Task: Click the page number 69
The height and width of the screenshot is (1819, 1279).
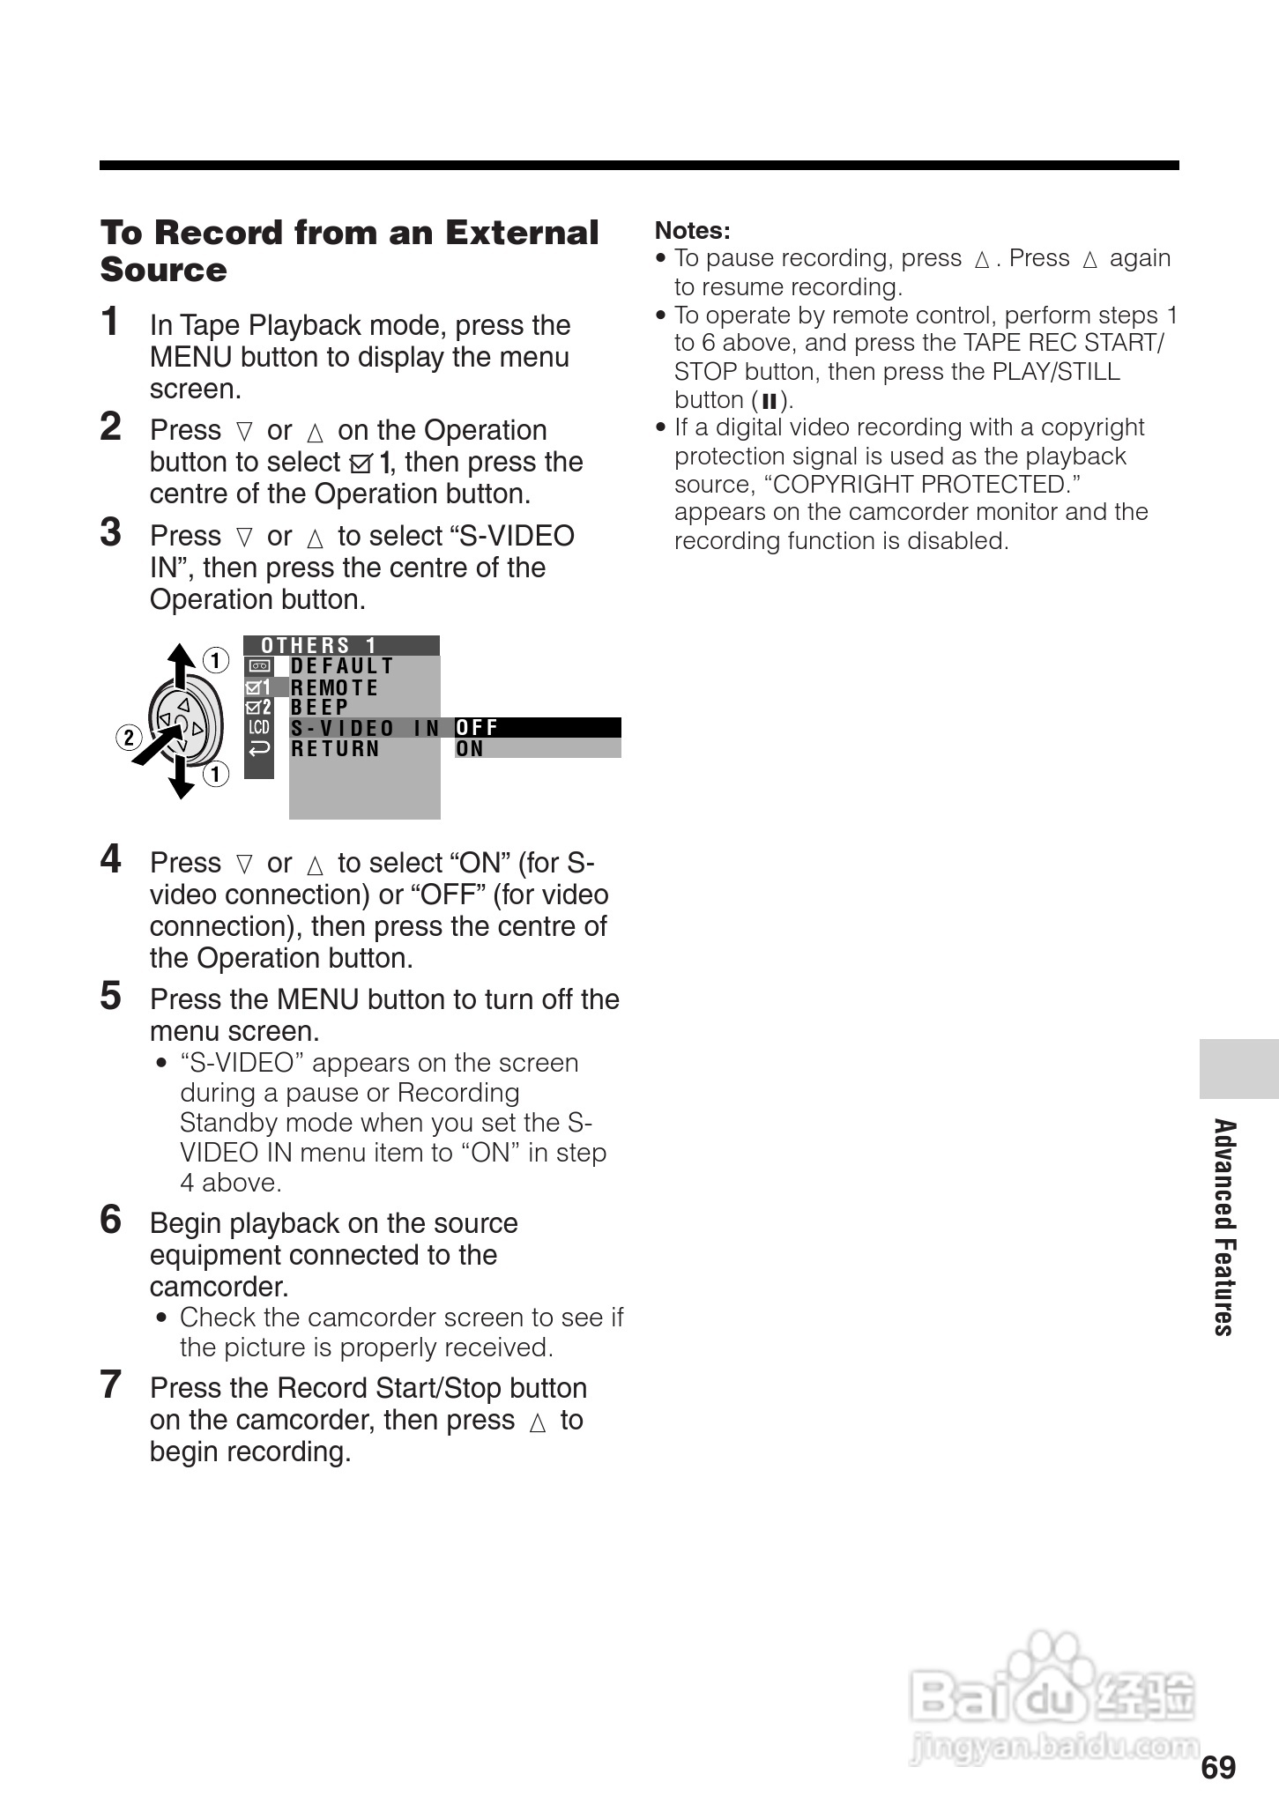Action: (x=1218, y=1767)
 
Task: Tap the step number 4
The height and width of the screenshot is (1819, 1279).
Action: (x=110, y=858)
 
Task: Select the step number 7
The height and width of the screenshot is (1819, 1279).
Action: (x=110, y=1385)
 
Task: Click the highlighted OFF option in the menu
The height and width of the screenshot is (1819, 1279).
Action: (x=477, y=728)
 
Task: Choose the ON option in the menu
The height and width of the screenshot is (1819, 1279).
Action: (x=470, y=749)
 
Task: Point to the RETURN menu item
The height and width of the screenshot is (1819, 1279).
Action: (x=335, y=749)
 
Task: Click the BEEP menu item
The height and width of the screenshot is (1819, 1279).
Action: (x=320, y=708)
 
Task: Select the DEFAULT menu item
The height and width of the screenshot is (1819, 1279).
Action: (x=342, y=666)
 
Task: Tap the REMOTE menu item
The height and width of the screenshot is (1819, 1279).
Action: (x=334, y=687)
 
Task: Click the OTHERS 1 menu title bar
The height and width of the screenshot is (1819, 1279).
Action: (x=341, y=645)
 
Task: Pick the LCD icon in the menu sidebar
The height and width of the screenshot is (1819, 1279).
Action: (x=259, y=728)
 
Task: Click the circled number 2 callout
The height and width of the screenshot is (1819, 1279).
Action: (x=129, y=737)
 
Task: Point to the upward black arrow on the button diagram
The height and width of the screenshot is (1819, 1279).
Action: (x=181, y=665)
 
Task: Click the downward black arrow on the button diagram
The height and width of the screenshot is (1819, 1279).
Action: (x=182, y=780)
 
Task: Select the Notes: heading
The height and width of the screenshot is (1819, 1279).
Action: (x=693, y=231)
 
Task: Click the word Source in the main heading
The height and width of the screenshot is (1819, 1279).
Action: (x=164, y=270)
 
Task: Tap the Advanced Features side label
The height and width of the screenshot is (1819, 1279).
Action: (x=1224, y=1227)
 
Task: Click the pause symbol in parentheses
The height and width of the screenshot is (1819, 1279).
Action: (x=769, y=402)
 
